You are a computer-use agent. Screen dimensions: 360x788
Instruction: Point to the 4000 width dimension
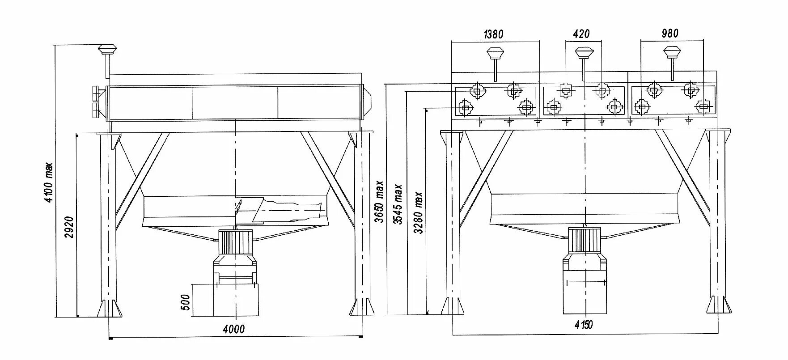(x=234, y=330)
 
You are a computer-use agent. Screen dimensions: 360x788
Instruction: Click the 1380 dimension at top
(x=494, y=34)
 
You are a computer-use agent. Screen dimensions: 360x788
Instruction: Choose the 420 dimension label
(x=581, y=34)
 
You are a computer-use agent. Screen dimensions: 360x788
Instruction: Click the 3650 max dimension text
(x=379, y=201)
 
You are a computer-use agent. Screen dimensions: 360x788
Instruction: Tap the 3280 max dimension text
(x=418, y=212)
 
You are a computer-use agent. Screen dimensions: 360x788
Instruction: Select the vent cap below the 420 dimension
(x=583, y=53)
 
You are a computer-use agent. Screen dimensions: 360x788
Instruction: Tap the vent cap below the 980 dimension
(x=672, y=52)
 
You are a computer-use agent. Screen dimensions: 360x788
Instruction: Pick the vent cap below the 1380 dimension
(x=495, y=53)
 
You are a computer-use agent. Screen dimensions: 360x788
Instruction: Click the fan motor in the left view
(x=235, y=243)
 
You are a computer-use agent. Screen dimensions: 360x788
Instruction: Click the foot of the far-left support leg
(x=109, y=308)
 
